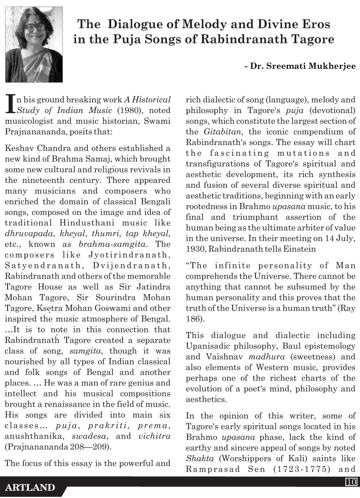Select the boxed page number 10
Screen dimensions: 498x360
point(351,482)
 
